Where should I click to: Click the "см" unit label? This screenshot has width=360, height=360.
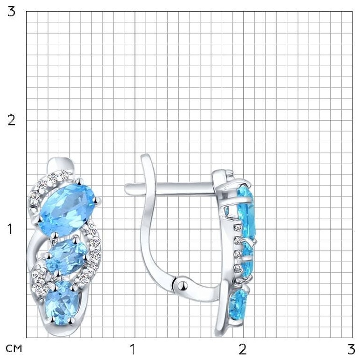pos(14,348)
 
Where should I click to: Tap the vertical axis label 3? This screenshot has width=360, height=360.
pos(11,11)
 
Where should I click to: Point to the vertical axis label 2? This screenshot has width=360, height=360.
pos(11,120)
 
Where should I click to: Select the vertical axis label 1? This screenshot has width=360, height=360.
pos(10,229)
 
